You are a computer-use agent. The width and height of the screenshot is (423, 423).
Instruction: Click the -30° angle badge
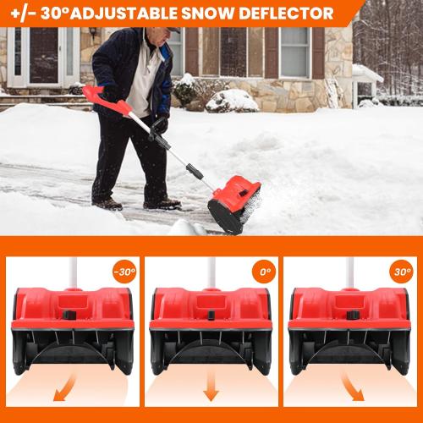click(124, 273)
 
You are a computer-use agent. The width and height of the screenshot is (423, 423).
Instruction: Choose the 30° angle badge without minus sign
click(401, 273)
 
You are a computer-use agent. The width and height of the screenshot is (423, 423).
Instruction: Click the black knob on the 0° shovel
click(210, 315)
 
